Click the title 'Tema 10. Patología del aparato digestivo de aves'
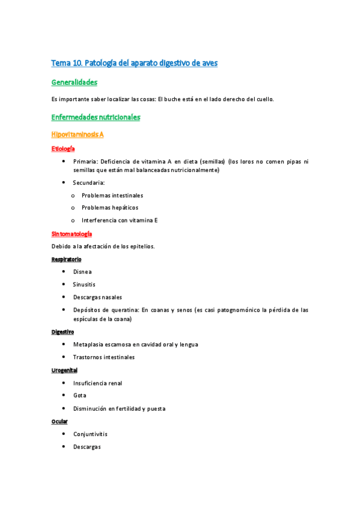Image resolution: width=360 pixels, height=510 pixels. tap(134, 63)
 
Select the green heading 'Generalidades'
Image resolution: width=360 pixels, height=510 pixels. tap(75, 82)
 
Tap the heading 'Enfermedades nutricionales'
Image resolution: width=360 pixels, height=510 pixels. tap(96, 117)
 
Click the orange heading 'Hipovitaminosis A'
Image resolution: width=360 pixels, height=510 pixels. tap(78, 135)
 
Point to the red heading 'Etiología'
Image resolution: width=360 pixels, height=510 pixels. tap(63, 149)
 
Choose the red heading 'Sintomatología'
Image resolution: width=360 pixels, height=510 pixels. tap(72, 233)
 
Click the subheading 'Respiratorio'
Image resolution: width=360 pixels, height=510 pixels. tap(66, 259)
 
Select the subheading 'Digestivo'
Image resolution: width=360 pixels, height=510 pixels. tap(63, 331)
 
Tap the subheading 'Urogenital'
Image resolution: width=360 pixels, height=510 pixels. tap(64, 370)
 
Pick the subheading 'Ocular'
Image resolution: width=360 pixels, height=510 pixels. tap(59, 422)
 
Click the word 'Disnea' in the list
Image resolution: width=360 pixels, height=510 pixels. tap(82, 272)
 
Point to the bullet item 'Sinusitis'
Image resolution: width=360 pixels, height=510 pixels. tap(84, 284)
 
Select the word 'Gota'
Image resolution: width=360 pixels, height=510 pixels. tap(80, 396)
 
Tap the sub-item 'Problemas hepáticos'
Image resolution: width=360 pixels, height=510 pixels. tap(105, 207)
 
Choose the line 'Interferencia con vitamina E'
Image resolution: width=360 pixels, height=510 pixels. tap(120, 220)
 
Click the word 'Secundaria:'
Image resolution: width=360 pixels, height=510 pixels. tap(89, 183)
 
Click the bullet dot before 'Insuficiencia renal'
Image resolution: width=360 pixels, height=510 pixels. tap(64, 382)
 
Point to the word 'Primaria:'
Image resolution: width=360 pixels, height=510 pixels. tap(85, 162)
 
